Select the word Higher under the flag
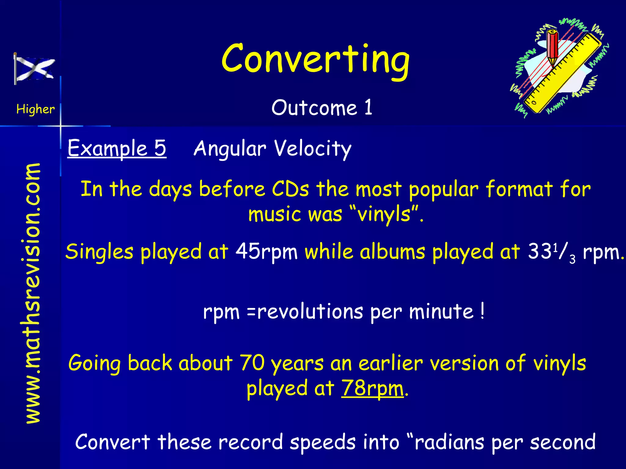[x=35, y=109]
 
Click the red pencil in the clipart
[x=553, y=49]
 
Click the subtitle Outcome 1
[x=322, y=108]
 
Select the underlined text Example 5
[x=117, y=148]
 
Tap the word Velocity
[x=312, y=149]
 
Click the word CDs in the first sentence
[x=290, y=189]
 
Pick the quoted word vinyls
[x=384, y=214]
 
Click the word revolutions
[x=310, y=312]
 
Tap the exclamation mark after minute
[x=482, y=311]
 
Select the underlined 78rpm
[x=372, y=388]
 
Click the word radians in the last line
[x=449, y=442]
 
